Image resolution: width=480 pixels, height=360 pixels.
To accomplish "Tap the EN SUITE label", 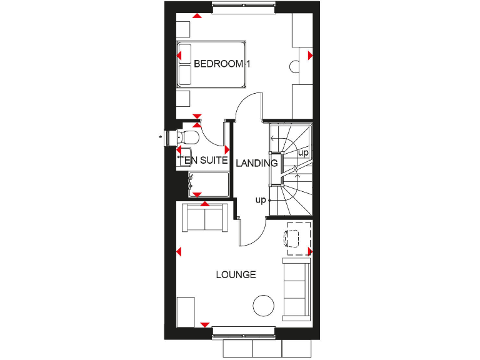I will point(206,161).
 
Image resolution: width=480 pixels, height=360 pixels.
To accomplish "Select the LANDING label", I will point(256,163).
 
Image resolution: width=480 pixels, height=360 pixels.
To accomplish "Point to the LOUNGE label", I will point(236,274).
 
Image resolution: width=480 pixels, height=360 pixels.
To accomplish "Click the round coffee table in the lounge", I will point(262,306).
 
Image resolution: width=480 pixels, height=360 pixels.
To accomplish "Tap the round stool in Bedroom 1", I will point(295,66).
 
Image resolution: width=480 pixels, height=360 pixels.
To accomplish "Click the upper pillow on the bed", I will point(185,53).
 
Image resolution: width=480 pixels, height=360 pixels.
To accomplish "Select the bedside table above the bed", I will point(182,29).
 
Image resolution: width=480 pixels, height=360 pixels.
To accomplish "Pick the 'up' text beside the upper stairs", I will point(303,152).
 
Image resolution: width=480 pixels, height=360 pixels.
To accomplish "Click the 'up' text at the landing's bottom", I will point(261,200).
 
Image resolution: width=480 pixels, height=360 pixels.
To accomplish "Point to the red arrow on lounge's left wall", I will point(179,252).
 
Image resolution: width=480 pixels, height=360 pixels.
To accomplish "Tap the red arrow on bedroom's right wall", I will point(310,56).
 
